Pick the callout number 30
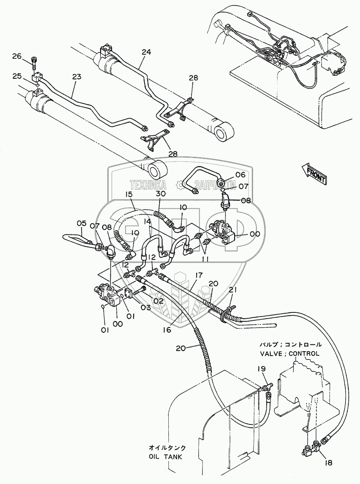click(161, 194)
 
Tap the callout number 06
click(229, 175)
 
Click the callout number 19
click(261, 368)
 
